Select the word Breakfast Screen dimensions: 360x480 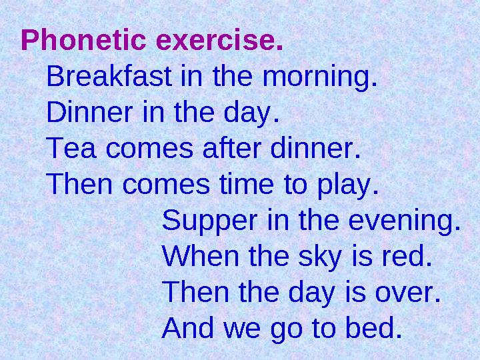(111, 79)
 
